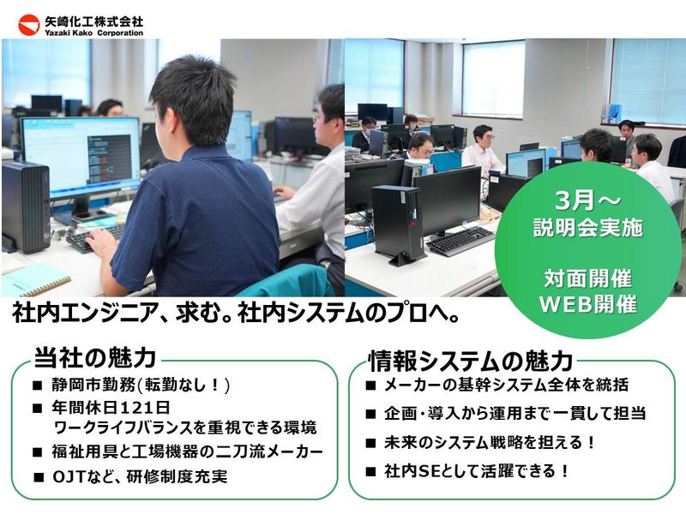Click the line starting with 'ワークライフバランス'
click(x=184, y=427)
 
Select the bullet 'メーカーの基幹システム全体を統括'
click(x=508, y=385)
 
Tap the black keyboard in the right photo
click(x=460, y=241)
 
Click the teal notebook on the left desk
click(x=34, y=280)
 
